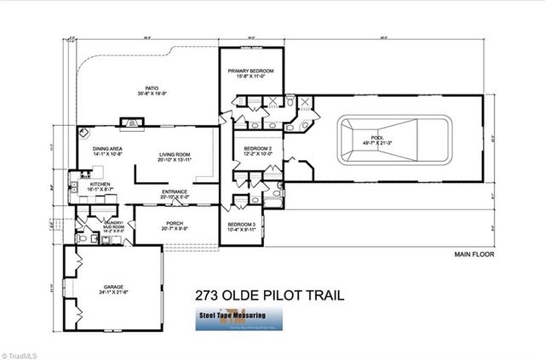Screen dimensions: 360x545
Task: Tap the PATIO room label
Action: (x=152, y=88)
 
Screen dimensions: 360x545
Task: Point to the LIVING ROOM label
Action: (x=175, y=154)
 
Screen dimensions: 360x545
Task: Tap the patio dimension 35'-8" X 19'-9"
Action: (x=152, y=94)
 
